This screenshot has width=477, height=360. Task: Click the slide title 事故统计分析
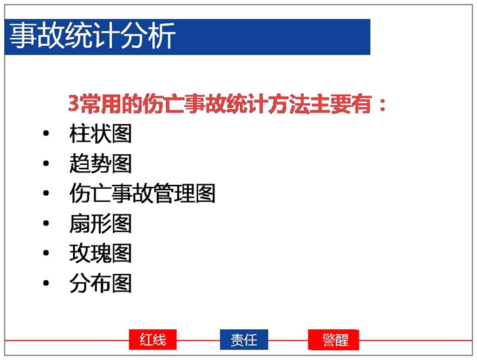coord(93,35)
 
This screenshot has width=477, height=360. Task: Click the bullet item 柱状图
coord(101,133)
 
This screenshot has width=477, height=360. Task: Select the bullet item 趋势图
coord(101,163)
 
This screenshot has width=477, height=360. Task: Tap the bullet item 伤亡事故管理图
coord(142,193)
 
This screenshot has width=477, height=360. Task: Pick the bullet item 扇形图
coord(101,223)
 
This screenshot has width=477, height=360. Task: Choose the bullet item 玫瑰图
coord(101,253)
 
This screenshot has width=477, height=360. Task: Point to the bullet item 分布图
coord(101,283)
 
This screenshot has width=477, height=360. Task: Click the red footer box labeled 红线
coord(153,339)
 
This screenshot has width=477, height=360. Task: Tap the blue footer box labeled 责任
coord(244,339)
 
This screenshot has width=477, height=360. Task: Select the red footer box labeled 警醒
coord(334,339)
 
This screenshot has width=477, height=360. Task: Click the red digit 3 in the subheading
coord(73,104)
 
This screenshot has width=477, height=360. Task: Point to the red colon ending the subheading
coord(382,105)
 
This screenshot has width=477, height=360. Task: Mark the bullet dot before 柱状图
coord(46,133)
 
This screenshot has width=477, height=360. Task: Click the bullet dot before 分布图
coord(46,283)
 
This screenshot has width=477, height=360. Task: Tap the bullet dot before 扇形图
coord(46,223)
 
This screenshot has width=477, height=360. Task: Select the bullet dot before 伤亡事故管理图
coord(46,193)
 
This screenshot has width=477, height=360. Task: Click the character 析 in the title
coord(162,35)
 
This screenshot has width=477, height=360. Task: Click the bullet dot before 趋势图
coord(46,163)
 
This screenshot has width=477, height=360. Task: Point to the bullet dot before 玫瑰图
coord(46,253)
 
